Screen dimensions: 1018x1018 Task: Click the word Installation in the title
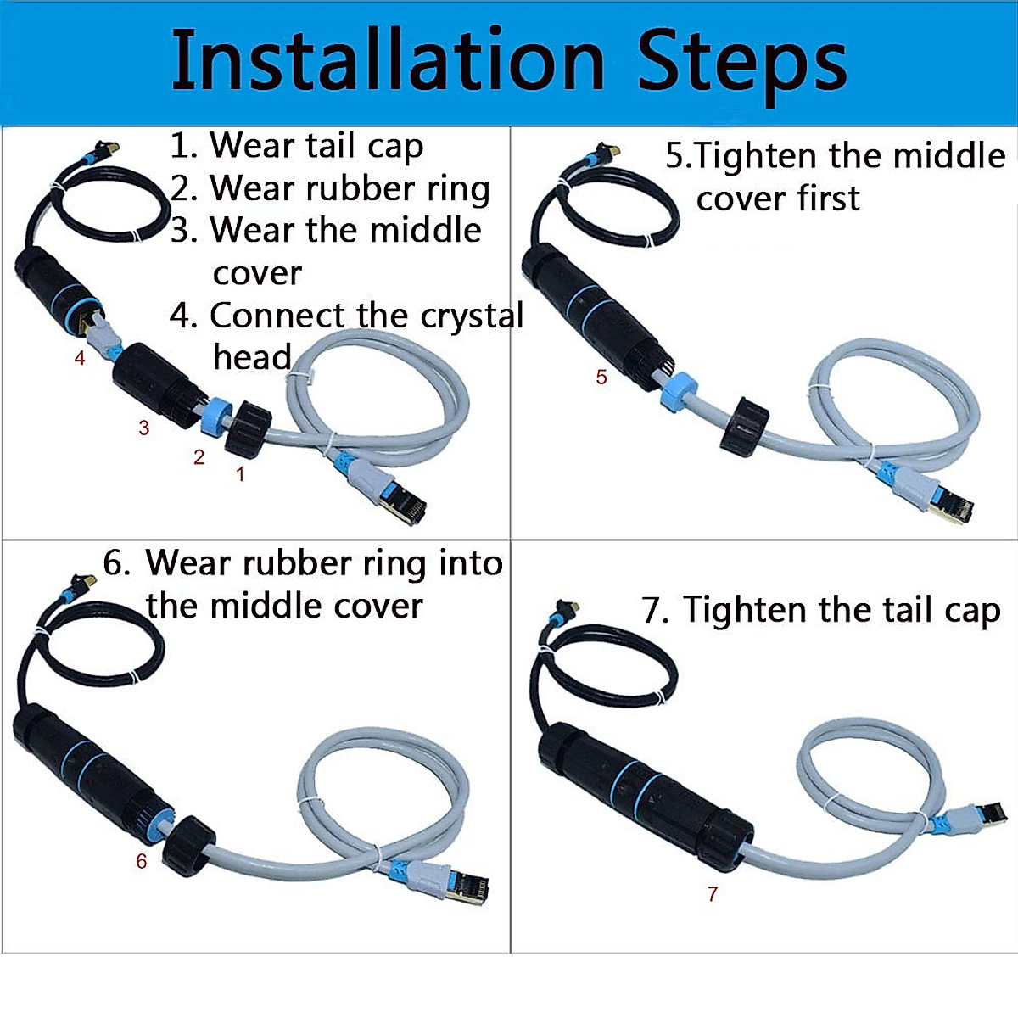[x=387, y=61]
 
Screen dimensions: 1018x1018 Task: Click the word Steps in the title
[x=742, y=61]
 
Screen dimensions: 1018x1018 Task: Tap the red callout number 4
[x=80, y=358]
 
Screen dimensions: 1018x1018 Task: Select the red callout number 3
[x=144, y=428]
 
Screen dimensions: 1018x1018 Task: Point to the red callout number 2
[x=199, y=458]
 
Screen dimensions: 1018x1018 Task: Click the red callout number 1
[x=240, y=474]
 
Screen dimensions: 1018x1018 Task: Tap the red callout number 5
[x=601, y=378]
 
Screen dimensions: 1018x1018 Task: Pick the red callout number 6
[x=141, y=862]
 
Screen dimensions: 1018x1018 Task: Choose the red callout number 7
[x=713, y=893]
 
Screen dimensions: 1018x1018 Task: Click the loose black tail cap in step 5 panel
[x=745, y=423]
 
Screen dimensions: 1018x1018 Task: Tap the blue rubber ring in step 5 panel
[x=680, y=393]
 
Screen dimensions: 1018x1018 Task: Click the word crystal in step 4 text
[x=472, y=316]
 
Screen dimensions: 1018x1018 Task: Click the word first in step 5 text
[x=827, y=199]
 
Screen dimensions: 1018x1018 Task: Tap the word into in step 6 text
[x=470, y=563]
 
